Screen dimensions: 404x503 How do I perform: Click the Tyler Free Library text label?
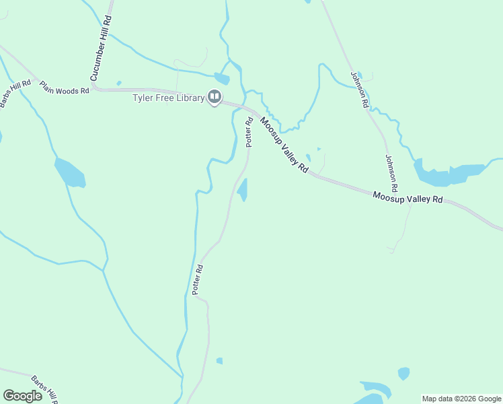click(x=167, y=98)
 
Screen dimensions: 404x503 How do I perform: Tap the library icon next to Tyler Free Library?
click(x=215, y=98)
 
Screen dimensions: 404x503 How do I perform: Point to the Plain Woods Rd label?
click(x=64, y=88)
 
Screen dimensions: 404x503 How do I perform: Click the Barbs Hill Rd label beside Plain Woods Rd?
click(x=15, y=93)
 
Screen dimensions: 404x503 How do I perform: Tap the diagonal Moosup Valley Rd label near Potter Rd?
click(x=284, y=145)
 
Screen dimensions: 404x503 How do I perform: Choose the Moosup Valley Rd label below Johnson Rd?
click(x=408, y=199)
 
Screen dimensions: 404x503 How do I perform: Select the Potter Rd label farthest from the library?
click(x=198, y=281)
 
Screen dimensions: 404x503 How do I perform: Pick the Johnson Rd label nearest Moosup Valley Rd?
click(x=391, y=173)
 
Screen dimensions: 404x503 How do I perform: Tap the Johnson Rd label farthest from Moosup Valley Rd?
click(x=359, y=90)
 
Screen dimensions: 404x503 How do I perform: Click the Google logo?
click(x=22, y=396)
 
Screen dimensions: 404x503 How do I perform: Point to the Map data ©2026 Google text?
click(x=461, y=399)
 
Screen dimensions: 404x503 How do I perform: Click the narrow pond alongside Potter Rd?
click(x=243, y=189)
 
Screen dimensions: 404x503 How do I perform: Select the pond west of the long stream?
click(x=70, y=174)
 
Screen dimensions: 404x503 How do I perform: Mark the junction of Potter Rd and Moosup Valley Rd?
click(x=255, y=110)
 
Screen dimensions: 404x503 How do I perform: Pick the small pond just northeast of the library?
click(x=222, y=78)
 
